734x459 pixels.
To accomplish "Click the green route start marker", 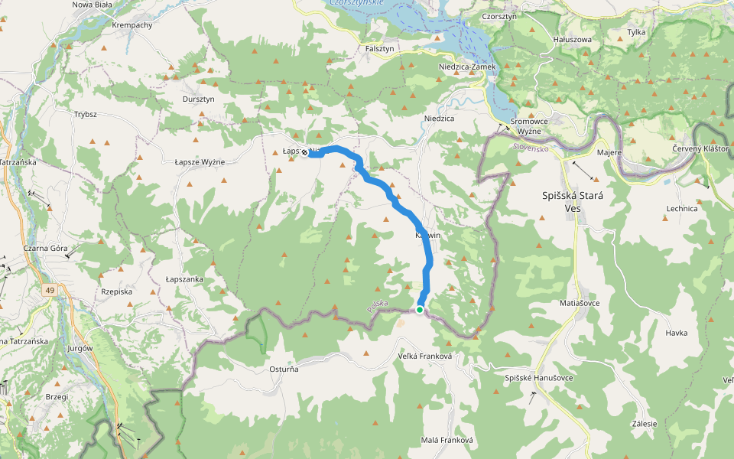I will pos(420,309).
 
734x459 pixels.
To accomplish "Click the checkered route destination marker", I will pos(304,152).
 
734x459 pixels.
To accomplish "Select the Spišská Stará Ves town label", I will pos(573,201).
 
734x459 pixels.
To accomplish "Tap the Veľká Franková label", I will pos(426,356).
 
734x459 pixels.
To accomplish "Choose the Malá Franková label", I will pos(447,440).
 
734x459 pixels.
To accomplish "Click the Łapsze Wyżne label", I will pos(200,162).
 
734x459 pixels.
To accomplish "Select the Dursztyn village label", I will pos(199,99).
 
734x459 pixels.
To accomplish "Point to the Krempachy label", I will pos(132,24).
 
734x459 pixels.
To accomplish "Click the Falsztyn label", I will pos(379,48).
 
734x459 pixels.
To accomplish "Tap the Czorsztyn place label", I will pos(500,16).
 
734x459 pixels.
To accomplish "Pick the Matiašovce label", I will pos(580,303).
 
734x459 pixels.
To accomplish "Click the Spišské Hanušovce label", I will pos(539,378).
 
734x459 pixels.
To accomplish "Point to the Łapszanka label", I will pos(184,279).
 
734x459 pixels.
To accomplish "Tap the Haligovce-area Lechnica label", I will pos(682,208).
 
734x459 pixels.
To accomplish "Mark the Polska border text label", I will pos(378,305).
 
